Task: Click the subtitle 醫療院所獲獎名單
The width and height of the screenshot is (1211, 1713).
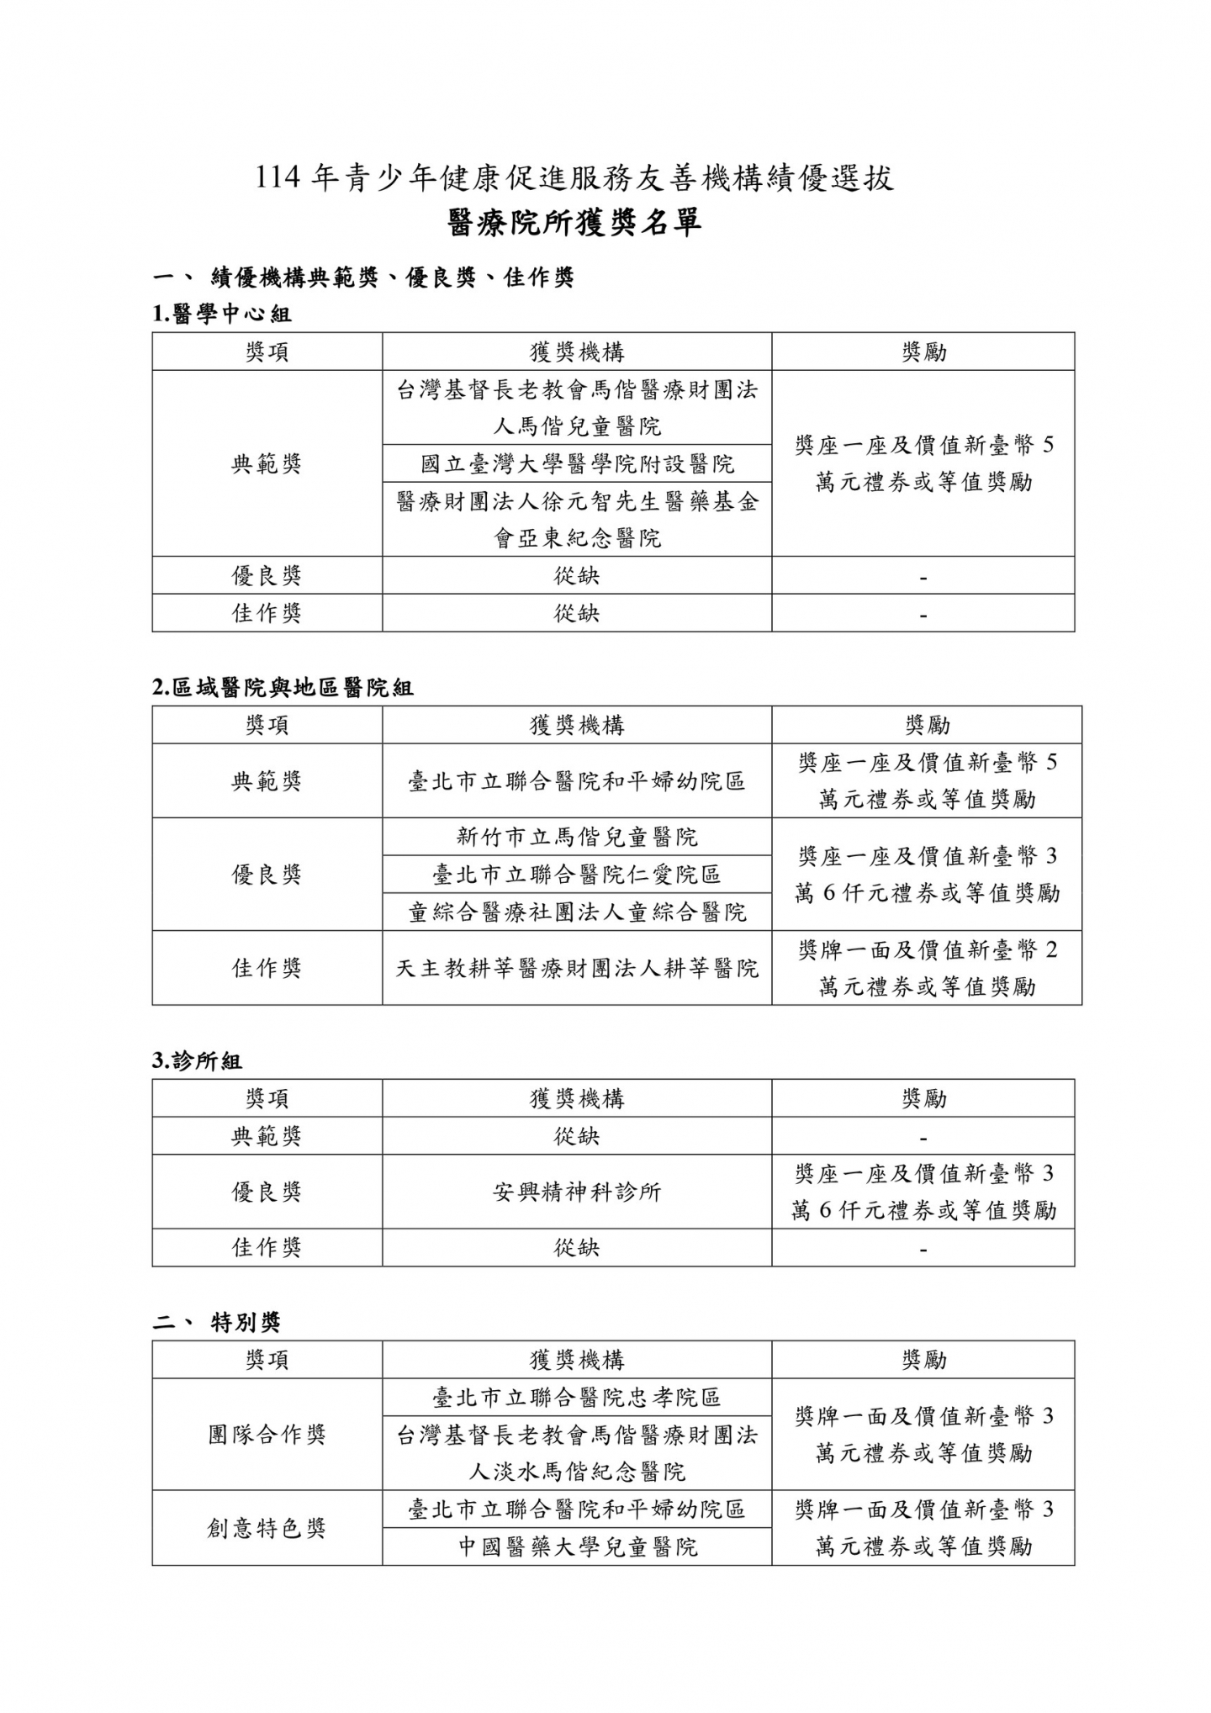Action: (575, 223)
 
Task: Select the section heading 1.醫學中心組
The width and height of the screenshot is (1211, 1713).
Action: (221, 315)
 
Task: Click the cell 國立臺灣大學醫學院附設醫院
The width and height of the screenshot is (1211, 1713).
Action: (577, 463)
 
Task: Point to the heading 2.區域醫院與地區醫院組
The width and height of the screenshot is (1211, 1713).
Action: (283, 688)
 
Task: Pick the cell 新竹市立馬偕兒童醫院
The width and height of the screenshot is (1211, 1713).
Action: (577, 837)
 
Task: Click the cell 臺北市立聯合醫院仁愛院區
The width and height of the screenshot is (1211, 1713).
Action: (577, 875)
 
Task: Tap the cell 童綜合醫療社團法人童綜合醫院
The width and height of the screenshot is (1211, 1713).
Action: (577, 912)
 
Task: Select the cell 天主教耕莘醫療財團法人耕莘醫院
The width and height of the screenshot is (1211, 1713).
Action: (577, 968)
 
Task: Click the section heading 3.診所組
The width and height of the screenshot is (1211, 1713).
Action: (197, 1061)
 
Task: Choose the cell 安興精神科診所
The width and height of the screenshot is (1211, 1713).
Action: (577, 1192)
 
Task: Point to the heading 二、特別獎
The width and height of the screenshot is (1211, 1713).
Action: (216, 1323)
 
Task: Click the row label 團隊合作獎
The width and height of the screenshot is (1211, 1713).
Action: (267, 1435)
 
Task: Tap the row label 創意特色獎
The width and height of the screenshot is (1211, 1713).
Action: (267, 1528)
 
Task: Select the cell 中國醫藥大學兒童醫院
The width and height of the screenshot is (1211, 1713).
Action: (577, 1546)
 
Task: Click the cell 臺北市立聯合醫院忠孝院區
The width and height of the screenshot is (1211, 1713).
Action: (577, 1398)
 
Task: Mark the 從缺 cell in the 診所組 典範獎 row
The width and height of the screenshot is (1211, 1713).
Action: (577, 1136)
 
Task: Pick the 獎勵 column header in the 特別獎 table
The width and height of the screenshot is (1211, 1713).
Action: (923, 1360)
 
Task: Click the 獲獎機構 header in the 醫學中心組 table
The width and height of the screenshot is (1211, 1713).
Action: (577, 352)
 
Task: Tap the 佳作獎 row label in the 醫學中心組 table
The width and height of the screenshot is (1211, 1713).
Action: (267, 613)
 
